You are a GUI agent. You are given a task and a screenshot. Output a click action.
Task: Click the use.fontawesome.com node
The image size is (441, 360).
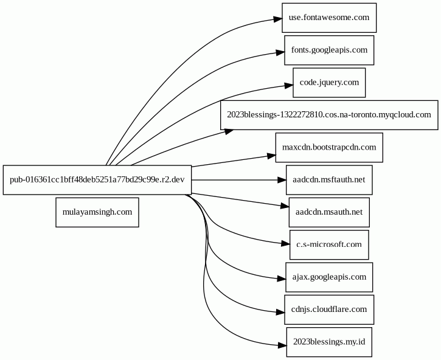coord(329,18)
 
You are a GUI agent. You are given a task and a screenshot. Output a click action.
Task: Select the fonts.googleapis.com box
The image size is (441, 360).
coord(329,50)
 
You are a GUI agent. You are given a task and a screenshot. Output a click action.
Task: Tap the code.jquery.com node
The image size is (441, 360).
coord(329,83)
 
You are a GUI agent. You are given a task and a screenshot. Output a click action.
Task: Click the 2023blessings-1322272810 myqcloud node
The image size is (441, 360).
coord(329,115)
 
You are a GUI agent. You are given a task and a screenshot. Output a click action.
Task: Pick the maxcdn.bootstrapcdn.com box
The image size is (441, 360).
coord(329,147)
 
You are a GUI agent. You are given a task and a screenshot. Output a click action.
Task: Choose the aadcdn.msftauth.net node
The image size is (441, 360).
coord(329,180)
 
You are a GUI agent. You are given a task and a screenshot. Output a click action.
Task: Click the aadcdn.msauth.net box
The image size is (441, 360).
coord(329,212)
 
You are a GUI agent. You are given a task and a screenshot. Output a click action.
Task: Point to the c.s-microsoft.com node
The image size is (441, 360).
coord(329,244)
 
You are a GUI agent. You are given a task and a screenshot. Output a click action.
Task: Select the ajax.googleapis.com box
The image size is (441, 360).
coord(329,277)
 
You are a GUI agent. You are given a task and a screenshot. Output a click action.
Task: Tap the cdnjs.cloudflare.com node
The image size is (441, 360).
coord(329,310)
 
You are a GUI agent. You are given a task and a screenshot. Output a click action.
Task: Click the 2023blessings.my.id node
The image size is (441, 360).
coord(329,342)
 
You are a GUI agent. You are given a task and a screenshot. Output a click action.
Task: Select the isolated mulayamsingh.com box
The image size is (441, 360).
coord(97,212)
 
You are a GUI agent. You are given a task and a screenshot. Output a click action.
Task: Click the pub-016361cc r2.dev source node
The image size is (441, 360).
coord(97,180)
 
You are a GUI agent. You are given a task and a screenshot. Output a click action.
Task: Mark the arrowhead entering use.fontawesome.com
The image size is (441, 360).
coord(277,19)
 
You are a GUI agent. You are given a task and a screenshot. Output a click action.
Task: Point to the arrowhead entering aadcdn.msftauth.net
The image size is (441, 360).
coord(282,180)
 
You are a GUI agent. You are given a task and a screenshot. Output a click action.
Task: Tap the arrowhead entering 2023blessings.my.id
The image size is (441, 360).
coord(282,345)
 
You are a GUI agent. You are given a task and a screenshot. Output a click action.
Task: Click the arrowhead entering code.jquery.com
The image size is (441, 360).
coord(288,86)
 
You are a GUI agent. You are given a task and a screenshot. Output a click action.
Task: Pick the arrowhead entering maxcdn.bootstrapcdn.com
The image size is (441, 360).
coord(271,156)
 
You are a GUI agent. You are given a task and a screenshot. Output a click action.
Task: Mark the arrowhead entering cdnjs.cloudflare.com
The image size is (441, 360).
coord(280,312)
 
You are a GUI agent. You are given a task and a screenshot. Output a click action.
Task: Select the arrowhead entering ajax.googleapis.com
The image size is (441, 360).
coord(281,279)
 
